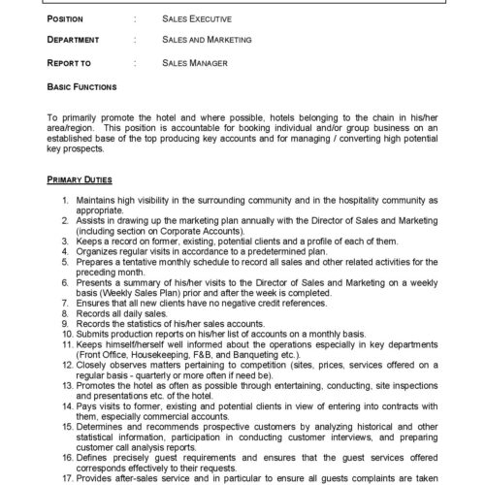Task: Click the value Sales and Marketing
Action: pos(207,40)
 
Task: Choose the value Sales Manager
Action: pos(196,63)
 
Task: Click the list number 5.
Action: pos(64,261)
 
